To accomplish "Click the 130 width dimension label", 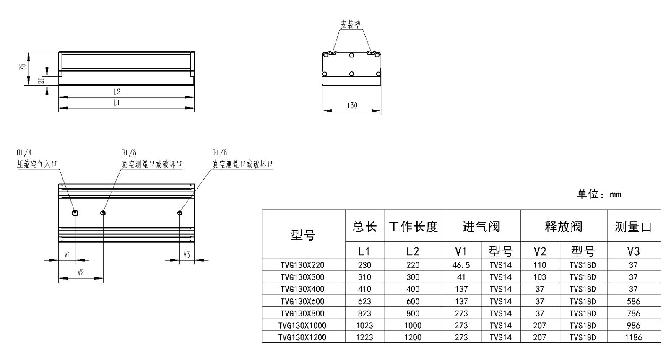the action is point(352,105).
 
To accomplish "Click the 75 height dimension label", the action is point(23,67).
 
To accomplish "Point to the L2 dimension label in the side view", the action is point(117,92).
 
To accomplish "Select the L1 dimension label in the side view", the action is point(117,103).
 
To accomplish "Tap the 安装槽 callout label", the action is point(351,24).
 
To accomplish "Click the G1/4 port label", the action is point(24,153).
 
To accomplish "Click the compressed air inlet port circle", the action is point(75,213).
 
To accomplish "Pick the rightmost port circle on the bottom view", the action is point(179,213).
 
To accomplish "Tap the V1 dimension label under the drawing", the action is point(67,254).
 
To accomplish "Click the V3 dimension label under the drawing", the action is point(187,255).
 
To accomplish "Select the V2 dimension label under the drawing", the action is point(81,272).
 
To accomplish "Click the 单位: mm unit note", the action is point(599,194).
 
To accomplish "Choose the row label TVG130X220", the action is point(302,265).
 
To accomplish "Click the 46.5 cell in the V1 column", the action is point(461,265).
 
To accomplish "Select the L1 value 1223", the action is point(364,337).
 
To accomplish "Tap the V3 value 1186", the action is point(633,337).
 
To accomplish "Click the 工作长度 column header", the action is point(413,227).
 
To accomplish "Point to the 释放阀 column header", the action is point(564,227).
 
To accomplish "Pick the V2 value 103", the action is point(539,277).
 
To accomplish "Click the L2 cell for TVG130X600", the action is point(413,301).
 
